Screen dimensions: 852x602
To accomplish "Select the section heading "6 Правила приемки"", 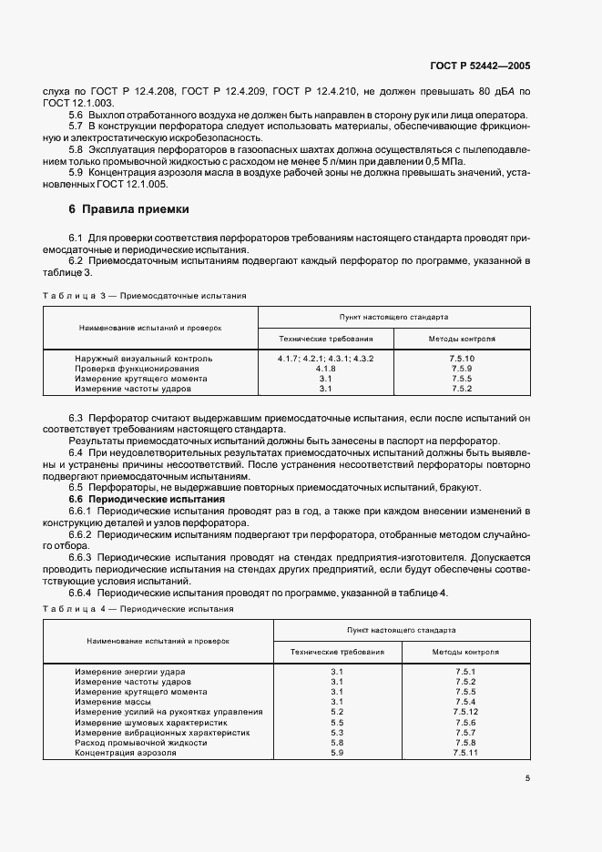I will pos(129,209).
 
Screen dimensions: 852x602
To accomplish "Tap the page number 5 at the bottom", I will pos(527,777).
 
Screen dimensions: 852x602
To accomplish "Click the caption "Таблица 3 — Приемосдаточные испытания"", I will pos(145,296).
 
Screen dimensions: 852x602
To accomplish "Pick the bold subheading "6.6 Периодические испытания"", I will pos(147,499).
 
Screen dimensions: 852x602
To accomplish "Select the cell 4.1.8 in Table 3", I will pos(325,369).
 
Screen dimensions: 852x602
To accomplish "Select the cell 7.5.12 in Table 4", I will pos(465,711).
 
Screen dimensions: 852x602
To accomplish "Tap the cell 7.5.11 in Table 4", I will pos(465,752).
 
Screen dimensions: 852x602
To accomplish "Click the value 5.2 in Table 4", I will pos(337,711).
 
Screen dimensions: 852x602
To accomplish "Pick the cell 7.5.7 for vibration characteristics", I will pos(465,732).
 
